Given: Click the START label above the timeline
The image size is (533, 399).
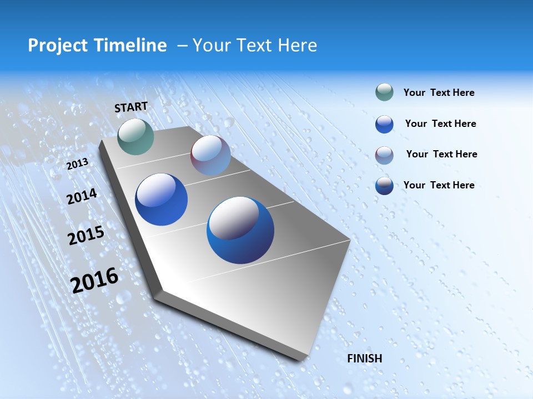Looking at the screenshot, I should coord(131,107).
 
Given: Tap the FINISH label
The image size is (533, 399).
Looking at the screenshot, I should coord(365,359).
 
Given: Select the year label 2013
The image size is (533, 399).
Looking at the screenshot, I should coord(77,164).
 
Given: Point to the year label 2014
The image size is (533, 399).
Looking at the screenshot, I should coord(82,197).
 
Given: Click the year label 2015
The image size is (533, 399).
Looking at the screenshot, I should coord(86,236).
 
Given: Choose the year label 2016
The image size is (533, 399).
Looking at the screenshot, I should coord(94,280).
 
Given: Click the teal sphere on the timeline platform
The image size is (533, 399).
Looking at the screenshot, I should coord(135,136).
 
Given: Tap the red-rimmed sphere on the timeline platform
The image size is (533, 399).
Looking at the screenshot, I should coord(210,155).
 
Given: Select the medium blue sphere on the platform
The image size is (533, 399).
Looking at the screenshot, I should coord(162,199).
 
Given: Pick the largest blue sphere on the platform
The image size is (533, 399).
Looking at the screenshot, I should coord(240,230).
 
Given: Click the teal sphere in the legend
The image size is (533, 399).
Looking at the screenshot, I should coord(384,93).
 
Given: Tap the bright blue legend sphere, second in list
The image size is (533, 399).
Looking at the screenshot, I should coord(384,124).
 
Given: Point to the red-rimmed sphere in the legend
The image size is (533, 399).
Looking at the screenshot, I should coord(384,155).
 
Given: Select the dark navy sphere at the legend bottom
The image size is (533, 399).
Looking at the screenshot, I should coord(384,186).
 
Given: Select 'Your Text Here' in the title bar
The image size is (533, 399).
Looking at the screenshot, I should coord(255,45).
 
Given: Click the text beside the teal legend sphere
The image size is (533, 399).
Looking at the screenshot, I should coord(439,93).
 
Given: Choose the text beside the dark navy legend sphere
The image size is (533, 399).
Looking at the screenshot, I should coord(439,185).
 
